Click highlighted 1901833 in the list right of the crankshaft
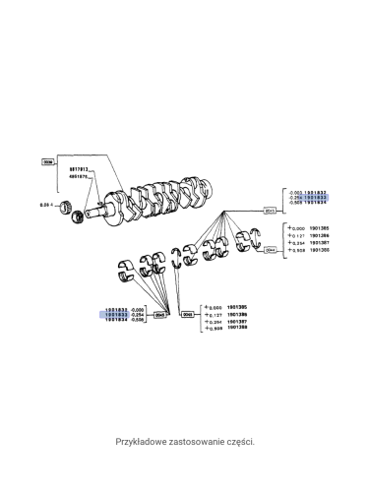point(316,198)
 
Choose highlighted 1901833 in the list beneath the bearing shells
point(116,315)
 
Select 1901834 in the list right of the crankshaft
point(316,205)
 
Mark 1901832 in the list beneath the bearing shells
point(116,308)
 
